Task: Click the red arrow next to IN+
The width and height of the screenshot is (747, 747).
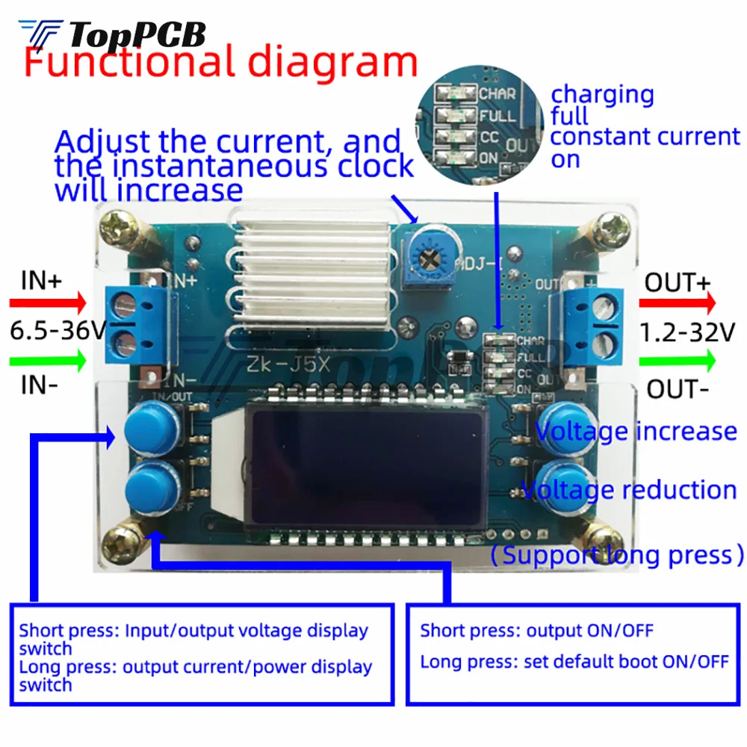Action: pyautogui.click(x=49, y=304)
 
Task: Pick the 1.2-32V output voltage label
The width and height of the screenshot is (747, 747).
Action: pyautogui.click(x=688, y=331)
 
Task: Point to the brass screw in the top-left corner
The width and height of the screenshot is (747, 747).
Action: pyautogui.click(x=120, y=228)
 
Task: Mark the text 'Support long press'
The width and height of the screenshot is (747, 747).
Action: pyautogui.click(x=618, y=556)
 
